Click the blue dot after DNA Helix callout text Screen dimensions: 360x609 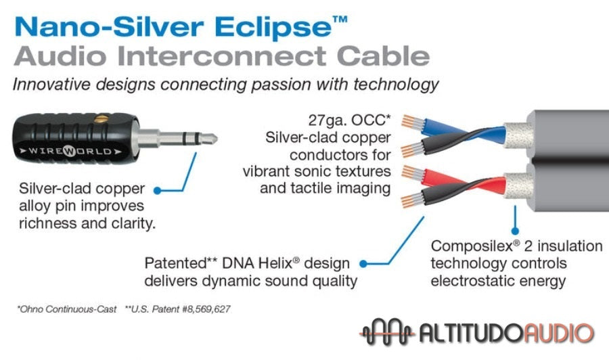pyautogui.click(x=363, y=263)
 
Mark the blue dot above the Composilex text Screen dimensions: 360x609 pyautogui.click(x=516, y=229)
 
